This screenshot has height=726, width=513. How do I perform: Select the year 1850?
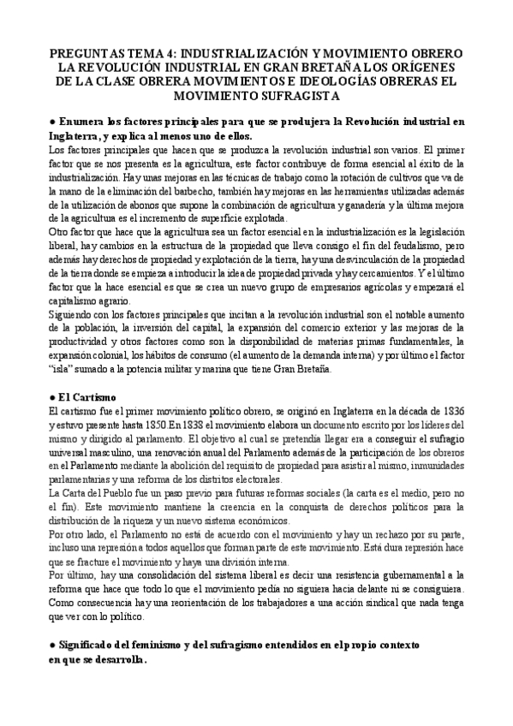click(x=140, y=425)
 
